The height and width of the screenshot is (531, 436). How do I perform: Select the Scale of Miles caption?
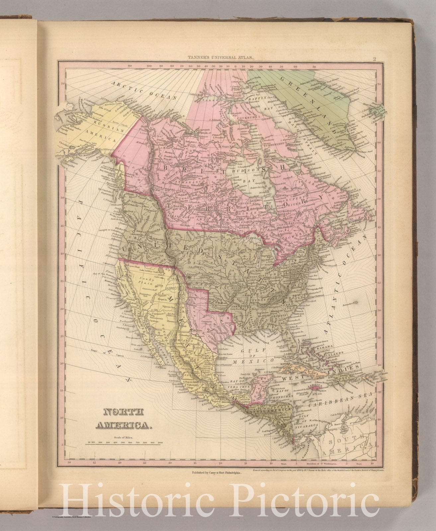pos(123,437)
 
